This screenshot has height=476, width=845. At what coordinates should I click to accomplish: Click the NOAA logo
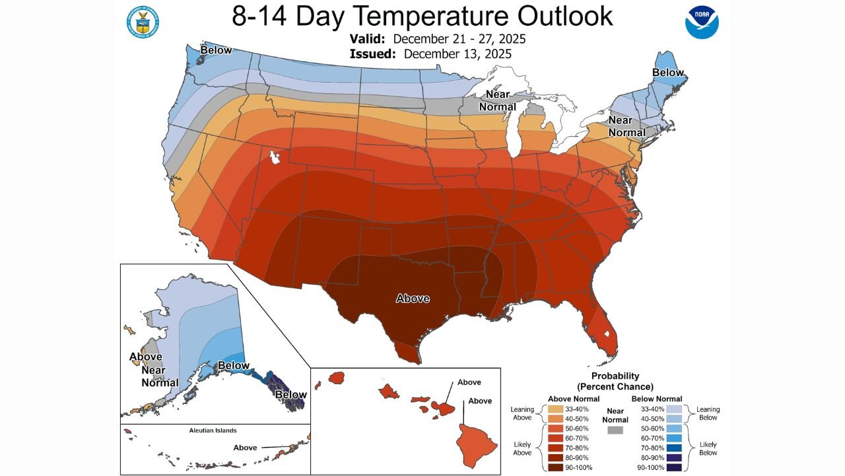(702, 22)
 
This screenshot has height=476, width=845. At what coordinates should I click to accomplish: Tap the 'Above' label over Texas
(413, 298)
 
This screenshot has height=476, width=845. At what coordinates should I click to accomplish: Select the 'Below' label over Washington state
(216, 50)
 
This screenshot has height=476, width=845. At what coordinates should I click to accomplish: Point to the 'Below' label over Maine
(667, 72)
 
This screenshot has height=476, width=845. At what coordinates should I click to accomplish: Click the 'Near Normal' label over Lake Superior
(497, 100)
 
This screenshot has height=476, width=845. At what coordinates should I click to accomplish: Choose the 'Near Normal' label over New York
(626, 126)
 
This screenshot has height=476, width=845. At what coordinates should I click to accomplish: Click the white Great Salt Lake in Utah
(274, 158)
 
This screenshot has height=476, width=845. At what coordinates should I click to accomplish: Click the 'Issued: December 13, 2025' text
(430, 54)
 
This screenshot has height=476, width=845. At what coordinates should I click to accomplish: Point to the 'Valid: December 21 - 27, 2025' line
(437, 39)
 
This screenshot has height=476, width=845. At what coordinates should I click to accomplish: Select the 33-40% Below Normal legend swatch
(674, 409)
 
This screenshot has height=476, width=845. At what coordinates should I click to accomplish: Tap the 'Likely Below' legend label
(708, 448)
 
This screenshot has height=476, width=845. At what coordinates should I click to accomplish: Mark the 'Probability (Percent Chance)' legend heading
(615, 381)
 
